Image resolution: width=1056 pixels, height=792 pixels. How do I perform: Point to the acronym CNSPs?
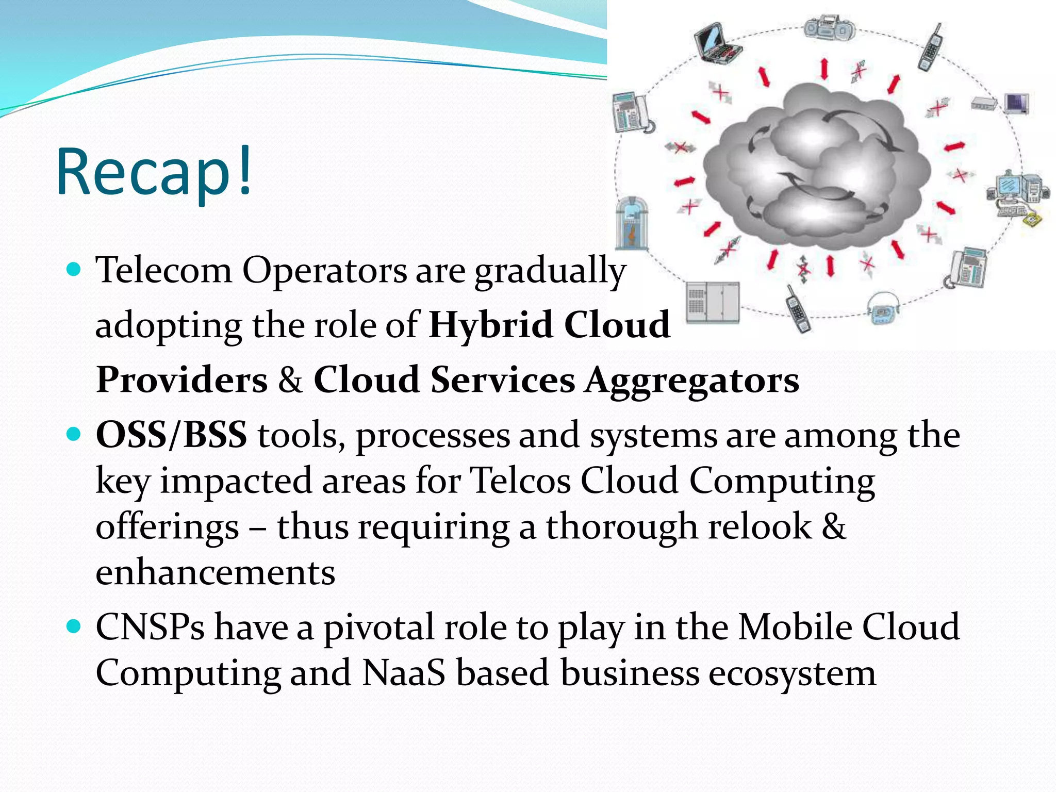click(x=150, y=628)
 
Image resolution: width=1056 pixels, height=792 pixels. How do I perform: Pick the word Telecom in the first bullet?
click(x=164, y=270)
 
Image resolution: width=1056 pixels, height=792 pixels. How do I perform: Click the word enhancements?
click(x=215, y=573)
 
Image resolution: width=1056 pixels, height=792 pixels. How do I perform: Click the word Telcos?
click(x=521, y=481)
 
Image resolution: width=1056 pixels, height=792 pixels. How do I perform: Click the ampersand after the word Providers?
click(x=290, y=381)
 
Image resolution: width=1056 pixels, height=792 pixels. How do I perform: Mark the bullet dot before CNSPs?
click(x=75, y=626)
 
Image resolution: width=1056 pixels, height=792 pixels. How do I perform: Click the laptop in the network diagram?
click(x=717, y=44)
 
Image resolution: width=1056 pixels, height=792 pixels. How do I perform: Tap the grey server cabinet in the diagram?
click(x=713, y=303)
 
